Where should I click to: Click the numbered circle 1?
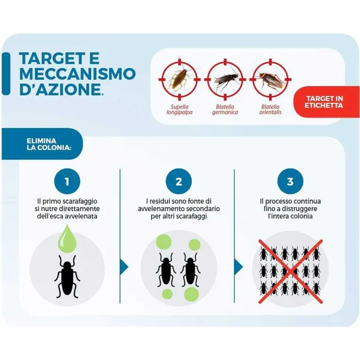[x=67, y=181]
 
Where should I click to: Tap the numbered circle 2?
[x=179, y=181]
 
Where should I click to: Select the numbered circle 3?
[x=290, y=181]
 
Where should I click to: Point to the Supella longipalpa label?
[x=180, y=109]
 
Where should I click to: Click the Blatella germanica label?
[x=225, y=109]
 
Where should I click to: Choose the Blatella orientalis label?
[x=270, y=109]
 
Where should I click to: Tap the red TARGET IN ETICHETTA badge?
[x=326, y=102]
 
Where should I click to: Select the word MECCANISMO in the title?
[x=77, y=74]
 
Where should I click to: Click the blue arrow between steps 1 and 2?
[x=124, y=267]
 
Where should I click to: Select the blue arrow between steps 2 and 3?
[x=239, y=267]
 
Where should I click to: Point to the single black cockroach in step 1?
[x=67, y=276]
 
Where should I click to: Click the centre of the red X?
[x=291, y=272]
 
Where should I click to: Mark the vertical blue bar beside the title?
[x=6, y=74]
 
